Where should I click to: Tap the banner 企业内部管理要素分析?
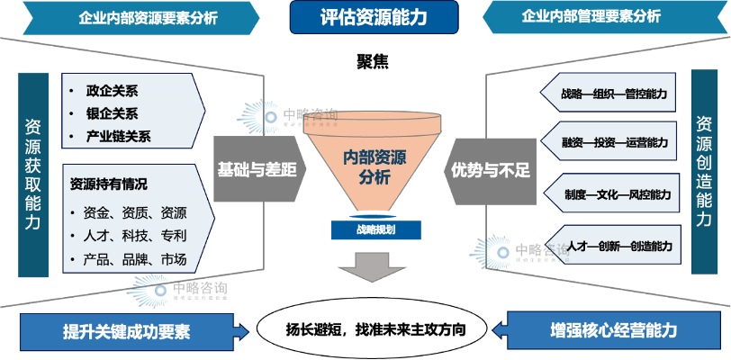point(591,16)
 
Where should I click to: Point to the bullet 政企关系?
point(112,91)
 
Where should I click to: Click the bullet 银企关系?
point(112,113)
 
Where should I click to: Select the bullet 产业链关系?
point(118,137)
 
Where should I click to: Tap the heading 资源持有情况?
point(108,184)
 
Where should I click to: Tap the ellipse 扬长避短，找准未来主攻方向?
point(372,329)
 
